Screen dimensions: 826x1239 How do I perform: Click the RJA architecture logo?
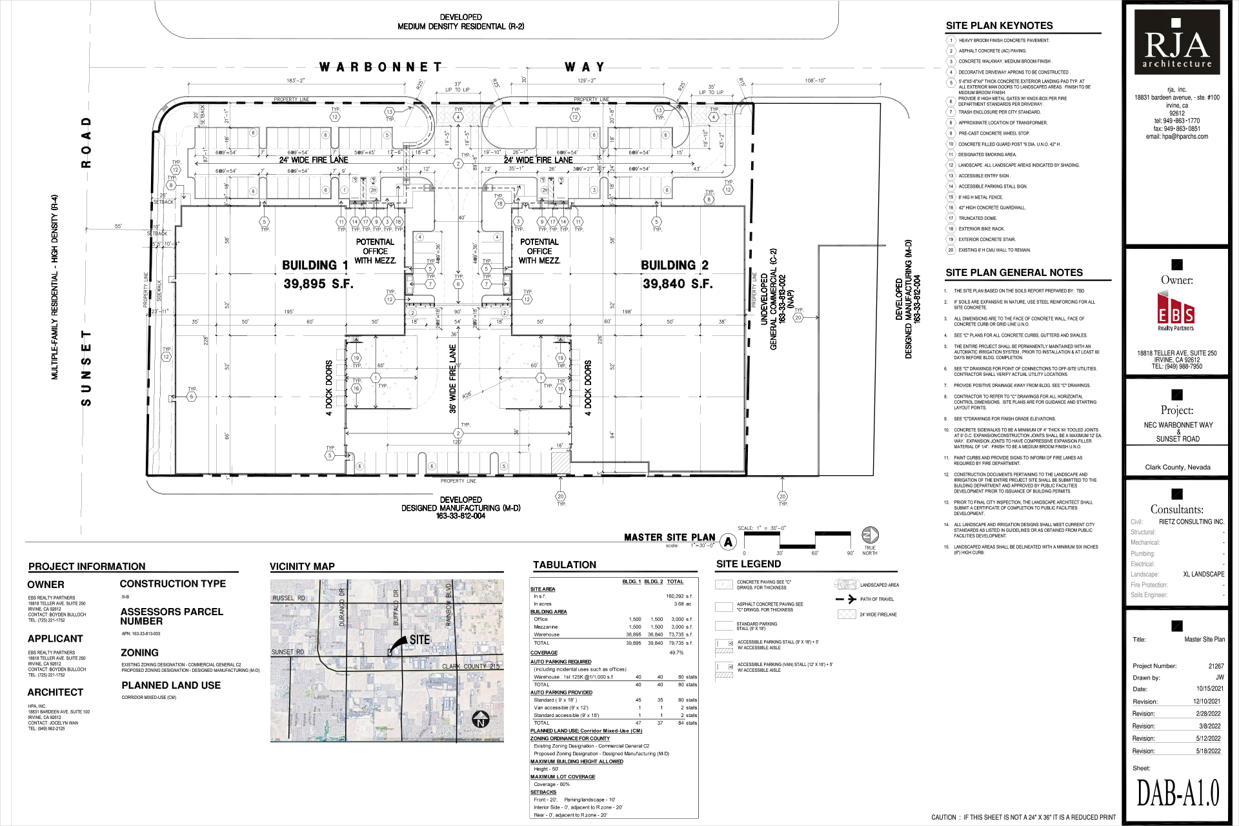(x=1177, y=41)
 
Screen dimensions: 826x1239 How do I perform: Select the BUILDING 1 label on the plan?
(x=315, y=265)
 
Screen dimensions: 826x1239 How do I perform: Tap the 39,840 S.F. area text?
(x=677, y=284)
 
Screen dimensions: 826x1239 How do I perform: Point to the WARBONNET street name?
(x=381, y=67)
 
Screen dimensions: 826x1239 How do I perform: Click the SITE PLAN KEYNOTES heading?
(x=999, y=26)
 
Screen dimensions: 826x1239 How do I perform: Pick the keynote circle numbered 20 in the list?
(x=951, y=250)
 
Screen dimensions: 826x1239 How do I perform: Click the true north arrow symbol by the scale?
(x=870, y=535)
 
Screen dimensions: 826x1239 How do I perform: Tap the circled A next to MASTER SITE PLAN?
(x=729, y=542)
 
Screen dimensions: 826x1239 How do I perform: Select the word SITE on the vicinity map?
(x=419, y=640)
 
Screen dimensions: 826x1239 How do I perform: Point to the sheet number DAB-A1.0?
(x=1178, y=793)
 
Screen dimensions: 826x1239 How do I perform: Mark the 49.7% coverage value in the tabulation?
(x=676, y=653)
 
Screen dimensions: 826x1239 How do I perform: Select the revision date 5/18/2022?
(x=1208, y=751)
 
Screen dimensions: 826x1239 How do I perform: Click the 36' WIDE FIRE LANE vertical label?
(x=453, y=379)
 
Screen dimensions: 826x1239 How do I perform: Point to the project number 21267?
(x=1216, y=666)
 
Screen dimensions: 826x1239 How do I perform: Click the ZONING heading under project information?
(x=140, y=653)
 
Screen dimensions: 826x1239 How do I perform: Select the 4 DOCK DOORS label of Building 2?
(x=587, y=388)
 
